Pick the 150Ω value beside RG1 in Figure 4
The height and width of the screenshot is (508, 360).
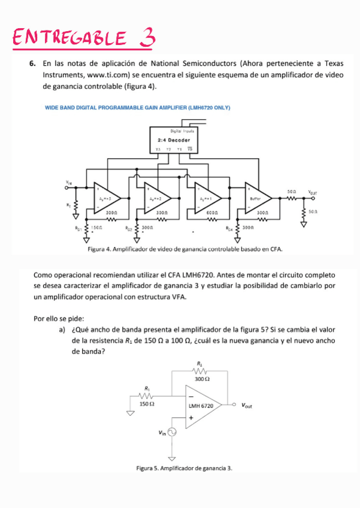96,228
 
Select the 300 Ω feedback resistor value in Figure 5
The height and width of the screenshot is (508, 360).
202,379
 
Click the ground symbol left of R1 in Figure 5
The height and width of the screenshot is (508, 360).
129,413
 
